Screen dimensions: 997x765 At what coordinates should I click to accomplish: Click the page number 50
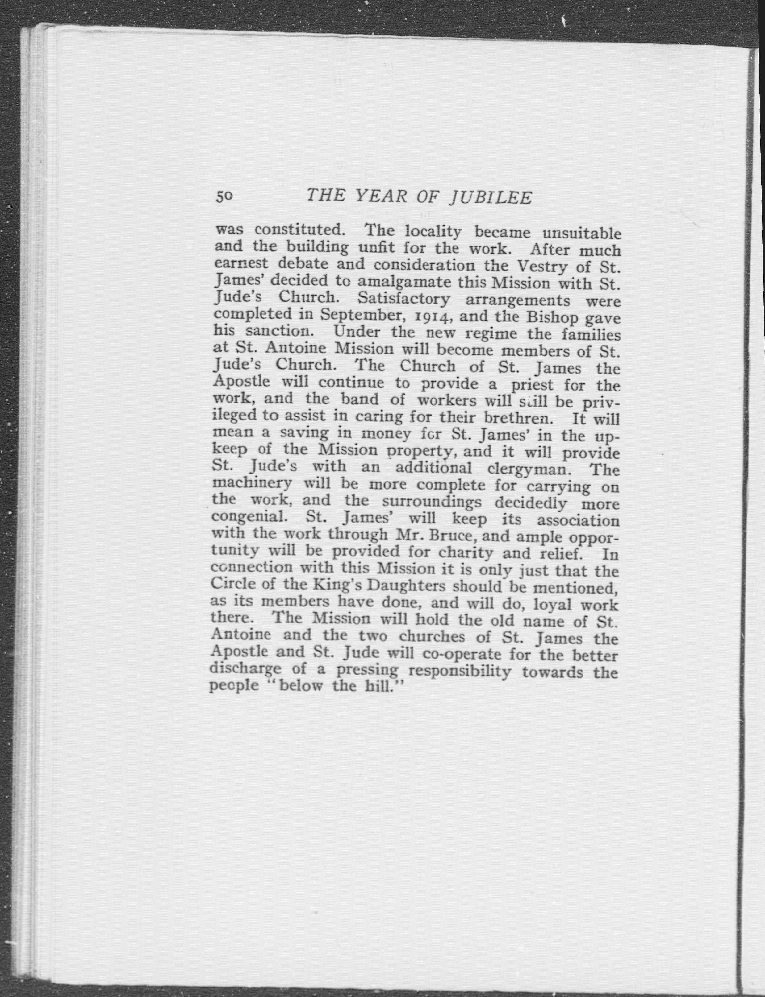point(224,196)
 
